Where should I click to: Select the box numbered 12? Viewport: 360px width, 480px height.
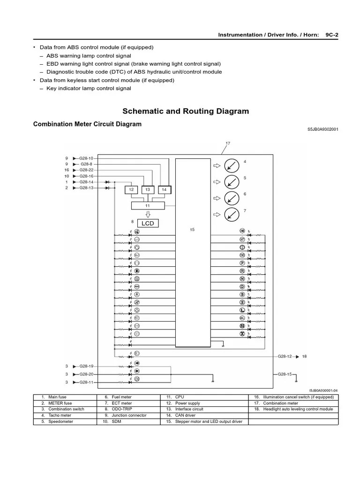(x=132, y=189)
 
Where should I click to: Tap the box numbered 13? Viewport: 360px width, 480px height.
(x=147, y=189)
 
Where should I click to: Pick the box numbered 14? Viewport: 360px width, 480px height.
(x=164, y=189)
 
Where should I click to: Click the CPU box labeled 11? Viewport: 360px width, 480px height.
(x=147, y=205)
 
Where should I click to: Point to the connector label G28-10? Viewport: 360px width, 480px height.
(x=87, y=158)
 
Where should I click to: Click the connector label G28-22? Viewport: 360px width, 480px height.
(x=87, y=170)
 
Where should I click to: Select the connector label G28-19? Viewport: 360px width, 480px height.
(x=87, y=366)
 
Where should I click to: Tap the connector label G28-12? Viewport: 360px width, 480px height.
(x=285, y=356)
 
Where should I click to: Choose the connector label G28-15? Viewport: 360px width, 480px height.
(x=285, y=374)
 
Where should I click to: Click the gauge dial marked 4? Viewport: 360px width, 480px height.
(x=230, y=165)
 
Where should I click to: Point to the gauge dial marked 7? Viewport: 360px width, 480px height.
(x=230, y=214)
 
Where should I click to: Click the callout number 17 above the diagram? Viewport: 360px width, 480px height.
(x=228, y=143)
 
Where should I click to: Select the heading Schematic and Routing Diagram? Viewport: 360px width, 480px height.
(x=186, y=112)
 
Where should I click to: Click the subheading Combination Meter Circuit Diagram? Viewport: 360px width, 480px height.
(x=87, y=124)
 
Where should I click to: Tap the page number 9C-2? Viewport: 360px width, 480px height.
(x=332, y=35)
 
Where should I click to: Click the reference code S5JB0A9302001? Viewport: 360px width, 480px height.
(x=322, y=129)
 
